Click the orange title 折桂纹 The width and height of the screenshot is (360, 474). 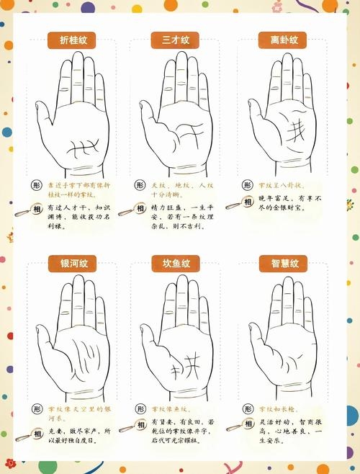73,40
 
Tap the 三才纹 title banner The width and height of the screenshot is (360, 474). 176,40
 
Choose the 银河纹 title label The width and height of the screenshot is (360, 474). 73,262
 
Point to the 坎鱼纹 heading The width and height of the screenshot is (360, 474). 176,262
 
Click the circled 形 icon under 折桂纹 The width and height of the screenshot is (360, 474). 37,185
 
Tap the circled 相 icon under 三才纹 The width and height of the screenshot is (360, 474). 140,207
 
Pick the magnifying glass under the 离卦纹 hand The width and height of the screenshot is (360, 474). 233,204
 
